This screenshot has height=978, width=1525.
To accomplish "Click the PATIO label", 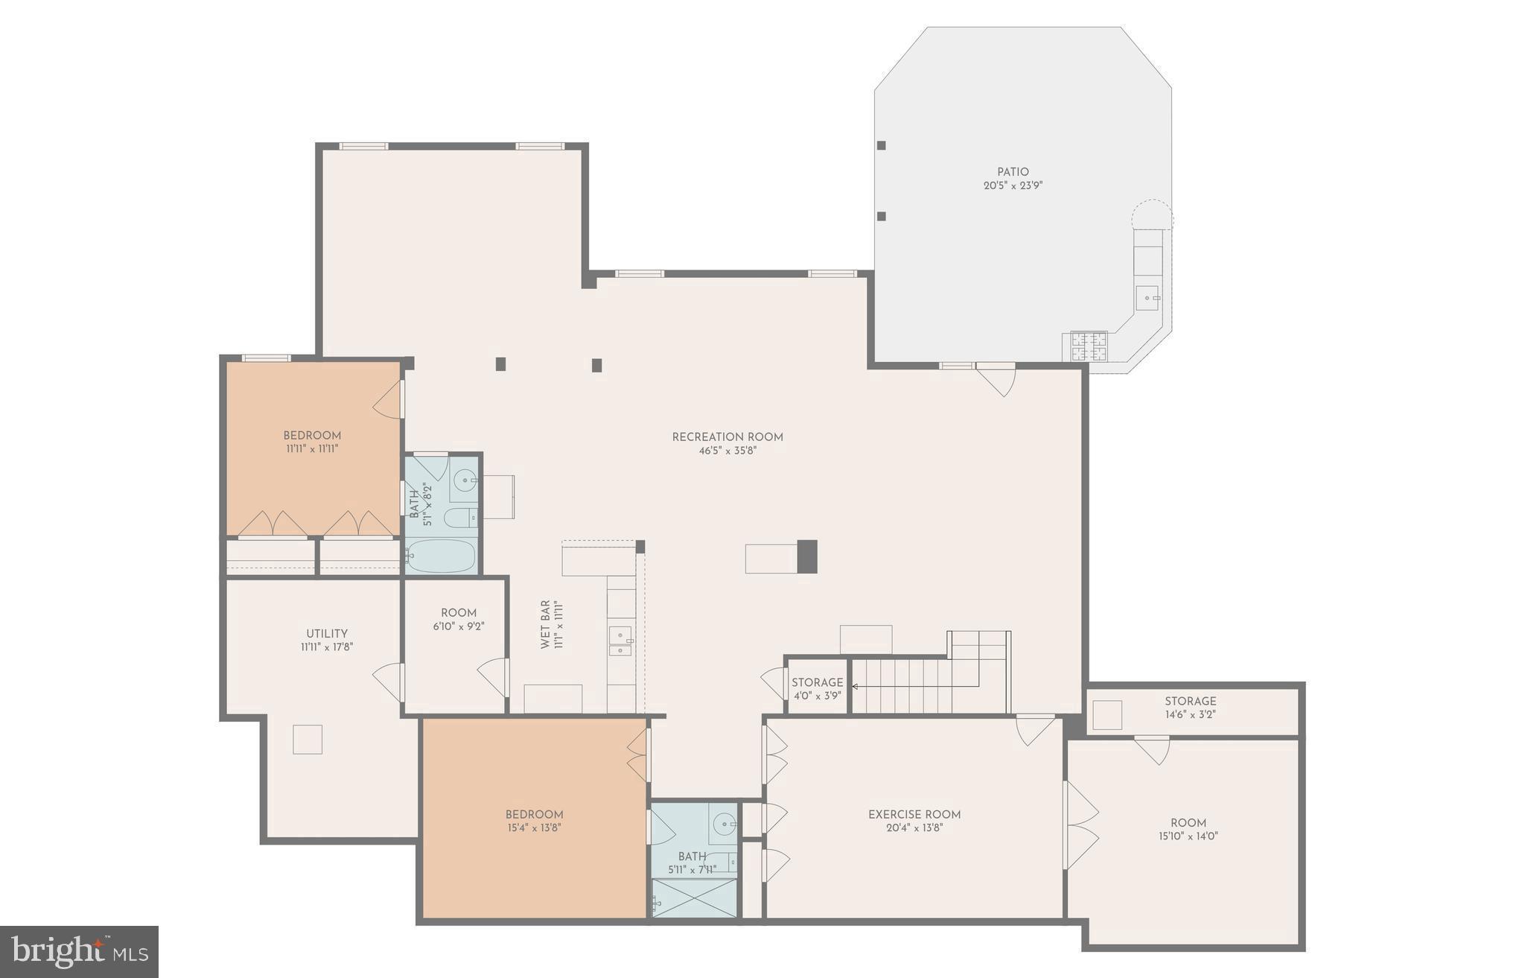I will (x=1013, y=172).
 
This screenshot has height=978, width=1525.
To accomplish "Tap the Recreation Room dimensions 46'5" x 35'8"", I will (x=728, y=451).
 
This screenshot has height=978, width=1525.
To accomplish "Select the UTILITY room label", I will (x=327, y=634).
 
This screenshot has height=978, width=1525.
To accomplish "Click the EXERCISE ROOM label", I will (x=914, y=814).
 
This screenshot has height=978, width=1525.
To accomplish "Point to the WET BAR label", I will (x=545, y=624).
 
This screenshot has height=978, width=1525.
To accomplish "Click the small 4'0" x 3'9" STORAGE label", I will (x=817, y=682).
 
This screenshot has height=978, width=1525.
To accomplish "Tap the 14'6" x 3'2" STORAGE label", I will (x=1190, y=701).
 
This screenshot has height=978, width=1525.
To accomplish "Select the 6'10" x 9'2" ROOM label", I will (x=459, y=613).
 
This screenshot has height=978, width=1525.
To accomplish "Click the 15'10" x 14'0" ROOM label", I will (x=1188, y=823).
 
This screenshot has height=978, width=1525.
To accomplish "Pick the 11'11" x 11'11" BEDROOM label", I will (x=312, y=436).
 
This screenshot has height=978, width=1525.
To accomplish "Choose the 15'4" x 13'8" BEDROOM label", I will (x=534, y=814).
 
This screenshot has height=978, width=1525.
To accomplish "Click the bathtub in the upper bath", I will (x=442, y=555).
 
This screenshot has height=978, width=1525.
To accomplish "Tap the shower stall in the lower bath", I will (x=694, y=898).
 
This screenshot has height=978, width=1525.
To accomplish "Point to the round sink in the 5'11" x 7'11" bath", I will (x=724, y=824).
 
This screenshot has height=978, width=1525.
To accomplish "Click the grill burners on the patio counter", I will (x=1089, y=346).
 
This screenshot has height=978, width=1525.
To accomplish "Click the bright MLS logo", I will (x=79, y=951).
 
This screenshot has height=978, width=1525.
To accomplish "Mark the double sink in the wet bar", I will (x=620, y=642).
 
